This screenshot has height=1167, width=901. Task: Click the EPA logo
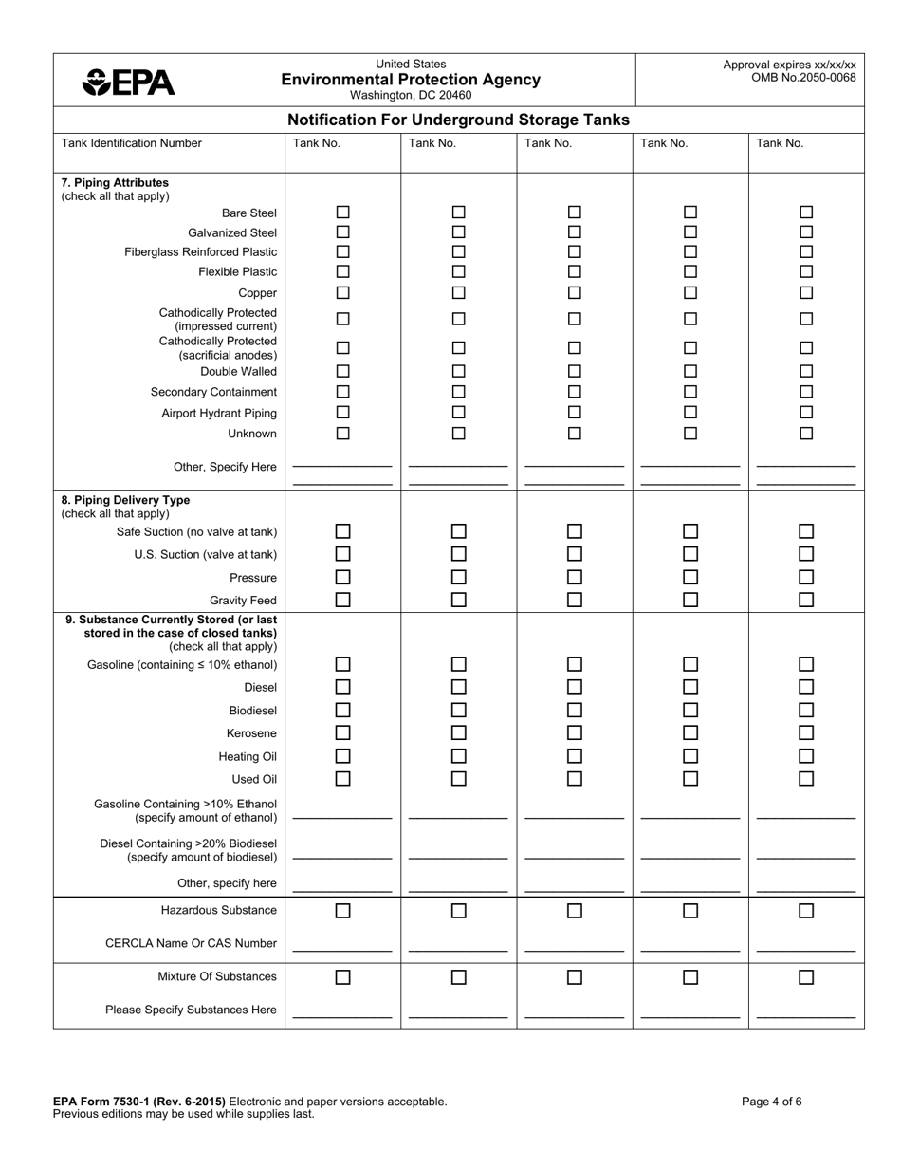click(129, 83)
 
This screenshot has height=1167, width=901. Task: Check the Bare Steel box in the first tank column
click(343, 213)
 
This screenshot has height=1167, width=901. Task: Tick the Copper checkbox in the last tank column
click(806, 292)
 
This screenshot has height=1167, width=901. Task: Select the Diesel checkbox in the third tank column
click(575, 687)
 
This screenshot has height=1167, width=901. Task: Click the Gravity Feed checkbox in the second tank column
click(459, 600)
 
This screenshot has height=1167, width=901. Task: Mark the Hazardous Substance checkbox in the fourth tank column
click(690, 911)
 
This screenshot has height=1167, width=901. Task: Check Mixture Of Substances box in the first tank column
click(343, 977)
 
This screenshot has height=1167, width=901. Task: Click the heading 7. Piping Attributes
click(115, 182)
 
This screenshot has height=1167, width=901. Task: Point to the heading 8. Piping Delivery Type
click(125, 500)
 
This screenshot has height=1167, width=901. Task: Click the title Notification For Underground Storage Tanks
click(458, 120)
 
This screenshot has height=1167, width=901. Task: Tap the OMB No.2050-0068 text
click(803, 78)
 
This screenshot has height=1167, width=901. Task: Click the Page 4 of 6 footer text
click(772, 1102)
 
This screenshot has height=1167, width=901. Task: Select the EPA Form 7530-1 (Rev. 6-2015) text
click(139, 1102)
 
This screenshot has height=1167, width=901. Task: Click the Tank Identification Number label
click(132, 143)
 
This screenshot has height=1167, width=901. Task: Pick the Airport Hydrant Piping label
click(219, 413)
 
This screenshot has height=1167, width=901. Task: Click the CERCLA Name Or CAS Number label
click(191, 943)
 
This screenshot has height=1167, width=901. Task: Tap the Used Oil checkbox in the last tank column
click(806, 779)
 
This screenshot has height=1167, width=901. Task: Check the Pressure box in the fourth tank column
click(690, 577)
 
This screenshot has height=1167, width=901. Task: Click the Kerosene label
click(251, 733)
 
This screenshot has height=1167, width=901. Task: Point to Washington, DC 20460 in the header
click(411, 95)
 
